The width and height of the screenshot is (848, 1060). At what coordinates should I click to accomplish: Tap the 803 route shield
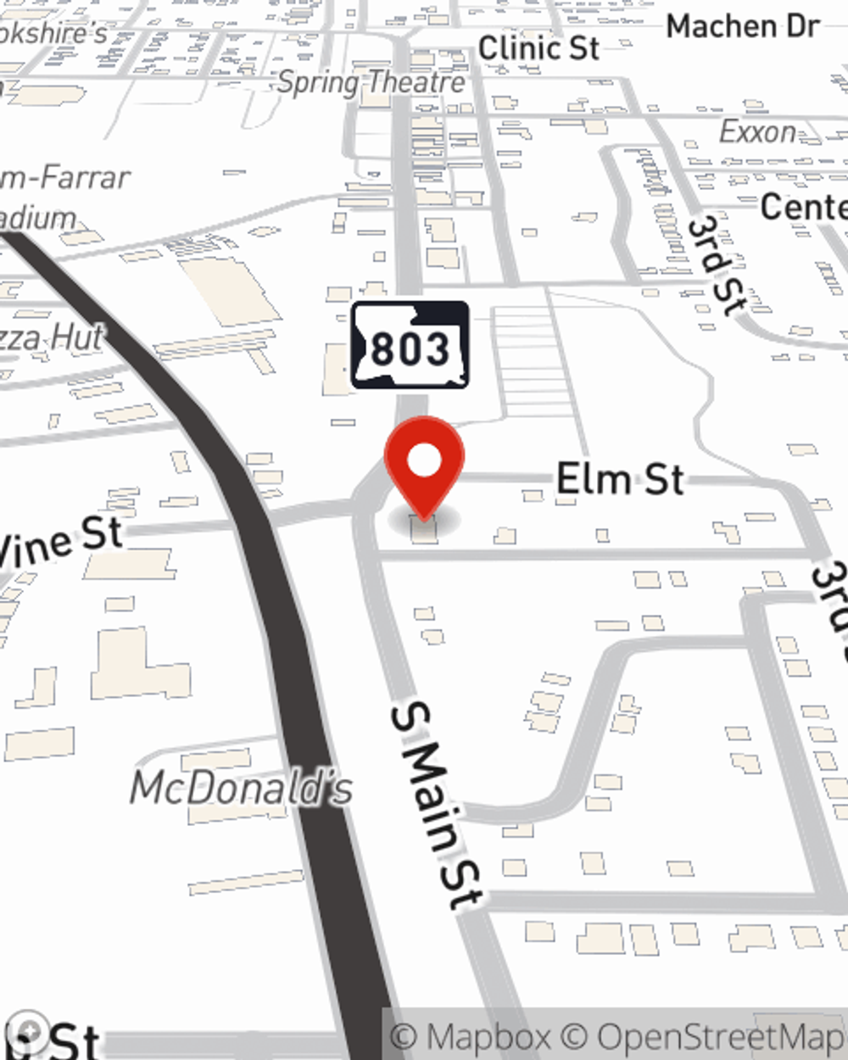click(x=410, y=346)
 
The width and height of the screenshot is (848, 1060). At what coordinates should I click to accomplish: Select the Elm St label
click(x=620, y=480)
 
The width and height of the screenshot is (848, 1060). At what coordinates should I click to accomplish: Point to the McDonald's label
click(x=242, y=789)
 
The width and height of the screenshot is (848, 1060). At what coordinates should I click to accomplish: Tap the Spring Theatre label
click(x=371, y=82)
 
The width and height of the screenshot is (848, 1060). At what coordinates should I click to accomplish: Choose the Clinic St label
click(x=538, y=48)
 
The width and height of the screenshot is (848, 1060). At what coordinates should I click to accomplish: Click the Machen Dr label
click(x=742, y=26)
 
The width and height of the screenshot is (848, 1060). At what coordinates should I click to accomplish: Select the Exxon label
click(x=757, y=132)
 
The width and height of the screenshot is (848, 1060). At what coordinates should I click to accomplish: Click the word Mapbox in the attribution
click(x=484, y=1037)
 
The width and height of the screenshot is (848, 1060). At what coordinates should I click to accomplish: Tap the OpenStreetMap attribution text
click(x=721, y=1037)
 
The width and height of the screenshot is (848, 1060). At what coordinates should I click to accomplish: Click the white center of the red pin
click(x=424, y=461)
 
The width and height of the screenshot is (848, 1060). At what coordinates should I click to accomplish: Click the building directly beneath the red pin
click(x=424, y=531)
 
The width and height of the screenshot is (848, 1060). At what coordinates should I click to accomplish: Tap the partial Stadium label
click(x=38, y=218)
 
